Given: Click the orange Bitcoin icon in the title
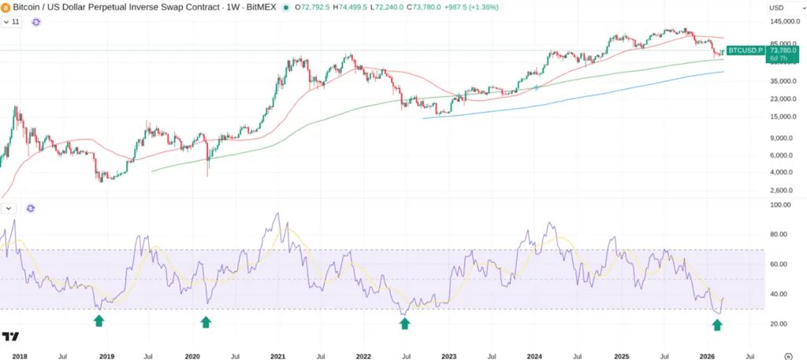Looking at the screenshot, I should pyautogui.click(x=7, y=7).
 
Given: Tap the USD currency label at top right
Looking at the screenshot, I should pyautogui.click(x=775, y=8).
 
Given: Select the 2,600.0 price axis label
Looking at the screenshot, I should pyautogui.click(x=781, y=191).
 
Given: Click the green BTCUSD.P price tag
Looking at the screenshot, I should pyautogui.click(x=745, y=50).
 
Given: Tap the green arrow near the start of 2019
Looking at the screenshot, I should pyautogui.click(x=99, y=321).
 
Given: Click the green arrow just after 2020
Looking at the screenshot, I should pyautogui.click(x=206, y=321).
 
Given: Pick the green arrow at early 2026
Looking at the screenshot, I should pyautogui.click(x=717, y=325).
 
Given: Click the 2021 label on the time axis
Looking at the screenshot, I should pyautogui.click(x=277, y=357).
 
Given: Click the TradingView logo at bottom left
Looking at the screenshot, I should pyautogui.click(x=10, y=337).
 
